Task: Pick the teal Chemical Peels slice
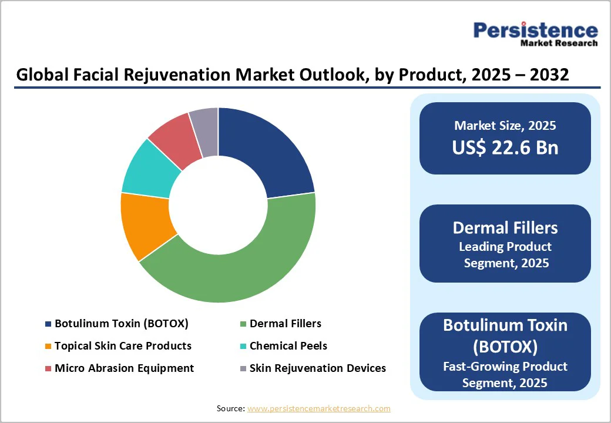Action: click(x=150, y=170)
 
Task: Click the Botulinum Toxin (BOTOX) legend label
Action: click(x=121, y=324)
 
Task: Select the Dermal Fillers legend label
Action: click(x=285, y=324)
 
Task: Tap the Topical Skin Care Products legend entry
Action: click(x=123, y=346)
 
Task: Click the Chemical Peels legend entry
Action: click(x=288, y=346)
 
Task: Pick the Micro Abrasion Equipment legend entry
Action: click(x=124, y=368)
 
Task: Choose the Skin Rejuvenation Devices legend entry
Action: click(x=317, y=368)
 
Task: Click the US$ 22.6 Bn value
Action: click(x=505, y=147)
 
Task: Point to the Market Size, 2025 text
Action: click(x=505, y=125)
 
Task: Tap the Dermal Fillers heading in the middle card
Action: click(x=505, y=228)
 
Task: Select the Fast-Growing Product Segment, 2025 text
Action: click(x=505, y=374)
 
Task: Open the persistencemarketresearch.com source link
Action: click(x=318, y=408)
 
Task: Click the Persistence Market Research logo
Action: click(x=535, y=33)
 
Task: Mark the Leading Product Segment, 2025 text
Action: click(x=505, y=254)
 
